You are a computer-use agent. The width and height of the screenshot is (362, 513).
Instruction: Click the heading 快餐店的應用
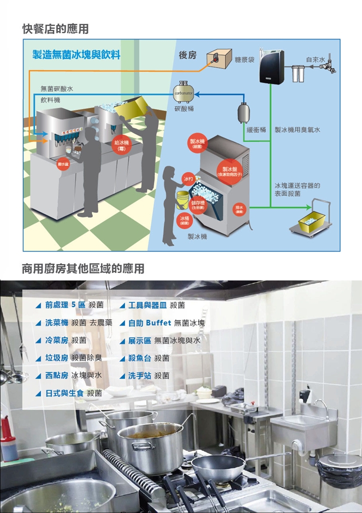pyautogui.click(x=55, y=29)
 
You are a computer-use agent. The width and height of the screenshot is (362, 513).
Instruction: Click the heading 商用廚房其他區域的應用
pyautogui.click(x=83, y=269)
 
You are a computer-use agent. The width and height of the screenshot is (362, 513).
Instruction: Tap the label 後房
pyautogui.click(x=187, y=55)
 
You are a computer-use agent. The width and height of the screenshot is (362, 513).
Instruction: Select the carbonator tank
pyautogui.click(x=183, y=92)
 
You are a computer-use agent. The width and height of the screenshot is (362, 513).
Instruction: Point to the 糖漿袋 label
pyautogui.click(x=245, y=60)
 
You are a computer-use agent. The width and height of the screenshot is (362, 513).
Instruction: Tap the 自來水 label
pyautogui.click(x=315, y=59)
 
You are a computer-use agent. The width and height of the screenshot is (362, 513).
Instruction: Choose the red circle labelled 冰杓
pyautogui.click(x=188, y=178)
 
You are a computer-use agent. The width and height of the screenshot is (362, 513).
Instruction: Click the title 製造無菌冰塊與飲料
pyautogui.click(x=76, y=54)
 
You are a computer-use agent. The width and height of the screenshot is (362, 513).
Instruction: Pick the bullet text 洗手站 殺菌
pyautogui.click(x=149, y=375)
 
